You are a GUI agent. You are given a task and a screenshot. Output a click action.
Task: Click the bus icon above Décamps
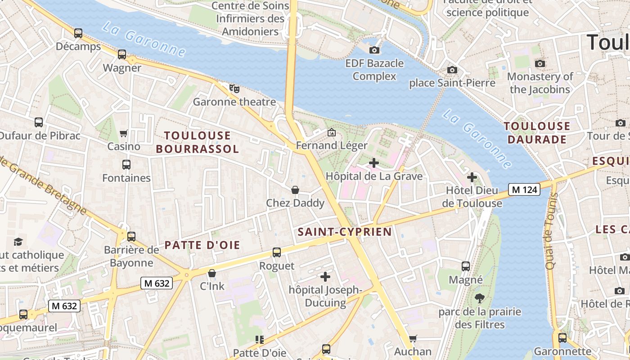[78, 33]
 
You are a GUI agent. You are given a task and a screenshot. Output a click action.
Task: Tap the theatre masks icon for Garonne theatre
[234, 89]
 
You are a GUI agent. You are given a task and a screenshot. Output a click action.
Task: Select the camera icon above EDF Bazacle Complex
[374, 50]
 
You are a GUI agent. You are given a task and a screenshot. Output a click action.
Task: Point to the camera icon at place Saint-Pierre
[452, 70]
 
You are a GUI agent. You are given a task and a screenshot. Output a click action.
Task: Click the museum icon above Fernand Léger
[332, 132]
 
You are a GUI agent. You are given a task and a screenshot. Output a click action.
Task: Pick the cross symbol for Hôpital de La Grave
[373, 162]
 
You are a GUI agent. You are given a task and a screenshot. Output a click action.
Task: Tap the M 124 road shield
[524, 189]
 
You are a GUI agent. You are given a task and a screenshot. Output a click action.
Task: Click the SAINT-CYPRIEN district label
[345, 232]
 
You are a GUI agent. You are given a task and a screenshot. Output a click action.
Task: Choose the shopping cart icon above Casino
[124, 133]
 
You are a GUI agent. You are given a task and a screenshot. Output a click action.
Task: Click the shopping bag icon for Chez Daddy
[295, 190]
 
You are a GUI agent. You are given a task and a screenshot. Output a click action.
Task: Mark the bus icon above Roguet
[277, 252]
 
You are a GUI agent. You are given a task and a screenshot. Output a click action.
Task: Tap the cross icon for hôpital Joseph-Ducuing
[325, 276]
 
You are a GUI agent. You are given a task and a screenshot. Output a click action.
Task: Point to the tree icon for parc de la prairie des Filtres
[480, 298]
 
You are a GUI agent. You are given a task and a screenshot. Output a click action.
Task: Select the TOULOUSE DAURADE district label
[537, 133]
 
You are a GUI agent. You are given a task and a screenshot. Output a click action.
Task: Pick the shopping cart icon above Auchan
[413, 338]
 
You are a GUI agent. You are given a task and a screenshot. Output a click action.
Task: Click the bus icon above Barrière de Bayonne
[131, 236]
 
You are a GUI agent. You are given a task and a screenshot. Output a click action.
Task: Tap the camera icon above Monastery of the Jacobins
[540, 63]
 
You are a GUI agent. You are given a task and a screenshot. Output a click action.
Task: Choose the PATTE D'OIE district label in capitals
[202, 245]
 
